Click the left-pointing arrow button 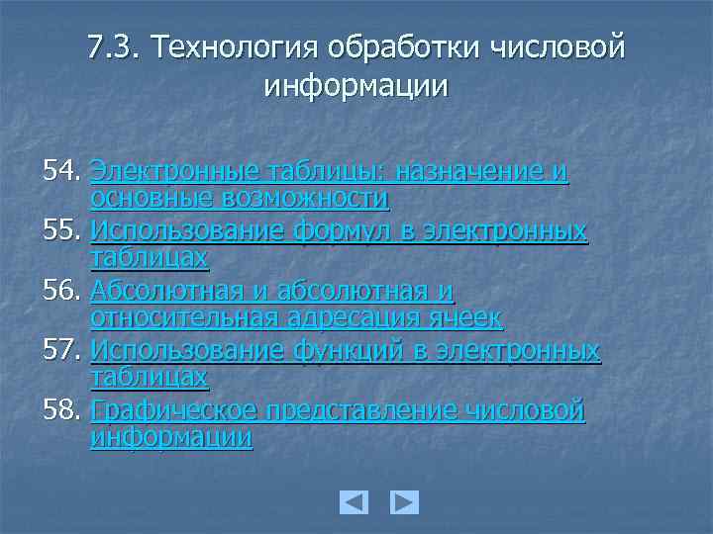354,502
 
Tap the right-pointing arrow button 404,502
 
